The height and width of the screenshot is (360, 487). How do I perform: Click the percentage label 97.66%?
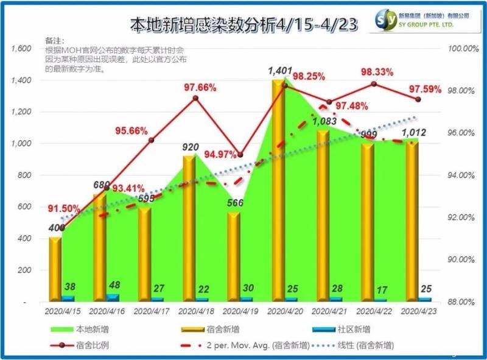pyautogui.click(x=200, y=87)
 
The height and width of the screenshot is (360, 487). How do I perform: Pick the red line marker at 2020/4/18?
pyautogui.click(x=195, y=98)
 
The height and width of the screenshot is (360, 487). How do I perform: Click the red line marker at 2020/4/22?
pyautogui.click(x=374, y=84)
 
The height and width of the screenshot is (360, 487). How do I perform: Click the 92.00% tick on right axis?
pyautogui.click(x=460, y=217)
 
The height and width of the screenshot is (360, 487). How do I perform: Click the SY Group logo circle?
pyautogui.click(x=387, y=18)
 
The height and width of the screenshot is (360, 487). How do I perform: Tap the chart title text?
pyautogui.click(x=243, y=24)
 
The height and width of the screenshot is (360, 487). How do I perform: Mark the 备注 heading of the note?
pyautogui.click(x=54, y=40)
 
